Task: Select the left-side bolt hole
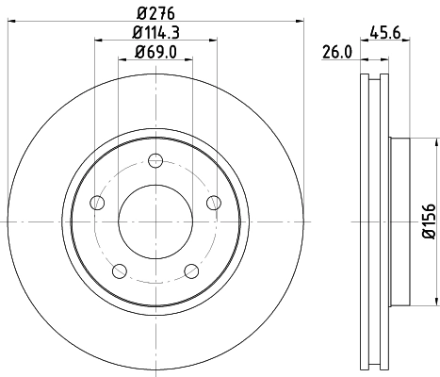(97, 203)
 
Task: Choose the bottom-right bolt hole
(192, 270)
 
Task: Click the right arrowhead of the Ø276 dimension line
(301, 21)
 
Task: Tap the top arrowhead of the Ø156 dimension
(436, 143)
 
